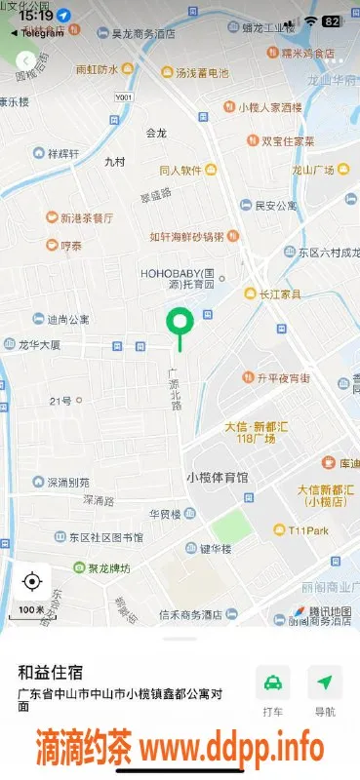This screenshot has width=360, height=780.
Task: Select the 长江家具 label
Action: [279, 292]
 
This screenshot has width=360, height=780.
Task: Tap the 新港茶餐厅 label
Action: [86, 217]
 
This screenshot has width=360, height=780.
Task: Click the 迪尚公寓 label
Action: [68, 319]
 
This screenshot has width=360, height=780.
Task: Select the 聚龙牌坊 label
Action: [102, 567]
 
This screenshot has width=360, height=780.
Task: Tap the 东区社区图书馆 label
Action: [105, 537]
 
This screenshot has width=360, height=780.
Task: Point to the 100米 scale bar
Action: [31, 609]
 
